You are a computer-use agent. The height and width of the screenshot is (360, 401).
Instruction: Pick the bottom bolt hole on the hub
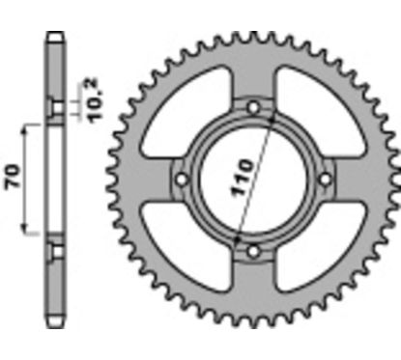click(x=253, y=252)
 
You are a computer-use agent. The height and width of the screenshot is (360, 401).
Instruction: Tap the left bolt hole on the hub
click(x=181, y=180)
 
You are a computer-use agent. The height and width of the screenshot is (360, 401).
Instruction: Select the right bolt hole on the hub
click(x=326, y=180)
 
